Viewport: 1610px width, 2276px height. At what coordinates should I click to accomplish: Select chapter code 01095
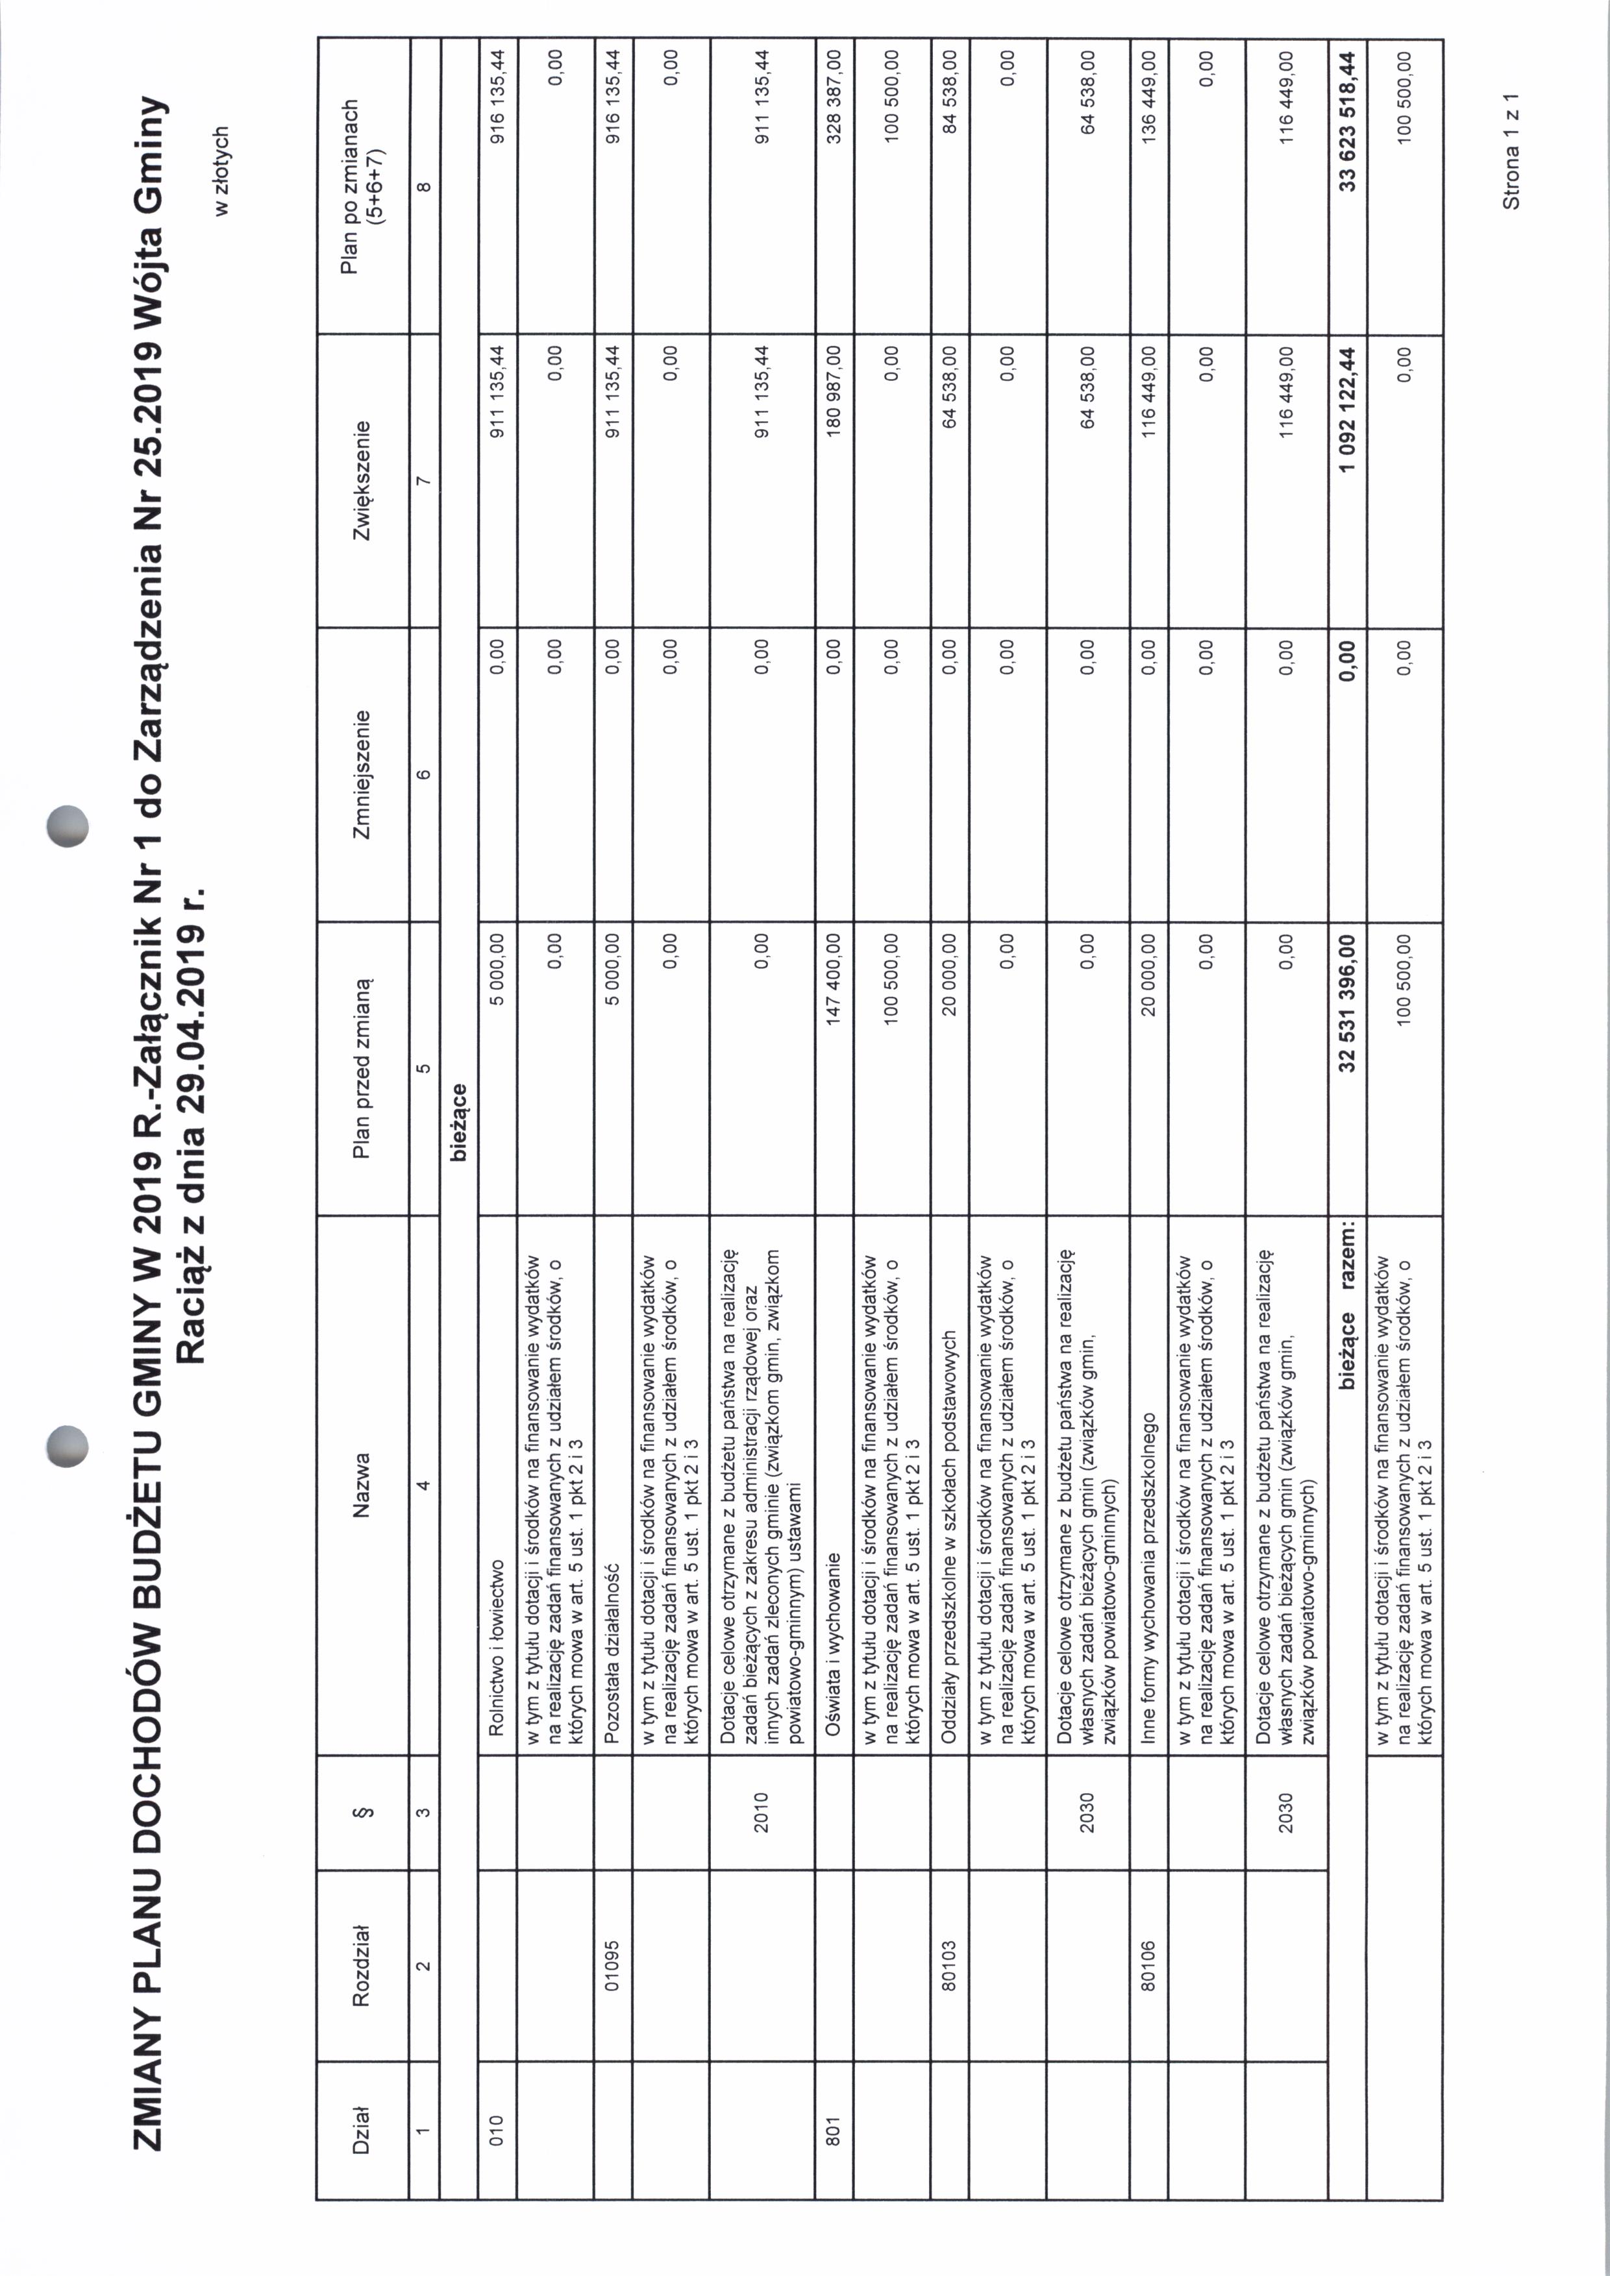(613, 1964)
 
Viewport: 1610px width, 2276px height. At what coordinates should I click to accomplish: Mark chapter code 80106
(1148, 1964)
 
